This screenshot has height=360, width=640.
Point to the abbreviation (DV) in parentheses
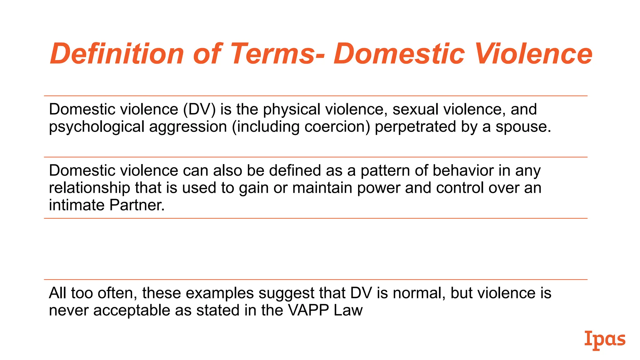click(199, 109)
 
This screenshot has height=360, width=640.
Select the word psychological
click(97, 127)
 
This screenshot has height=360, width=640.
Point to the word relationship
click(89, 188)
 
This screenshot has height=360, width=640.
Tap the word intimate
click(77, 205)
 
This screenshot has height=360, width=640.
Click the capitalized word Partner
click(137, 205)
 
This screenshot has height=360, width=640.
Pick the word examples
click(220, 293)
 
